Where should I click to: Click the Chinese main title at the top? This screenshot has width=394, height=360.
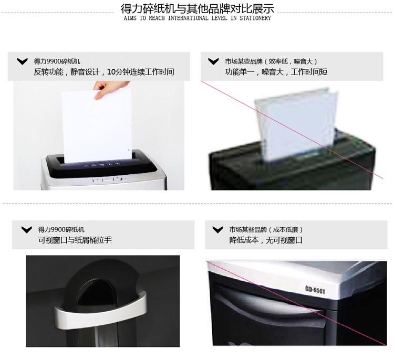pos(197,8)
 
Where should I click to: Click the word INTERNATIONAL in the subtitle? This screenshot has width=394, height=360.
pos(188,18)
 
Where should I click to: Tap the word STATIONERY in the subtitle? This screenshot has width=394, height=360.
pos(255,18)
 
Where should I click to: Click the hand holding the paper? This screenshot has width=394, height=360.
pos(109,90)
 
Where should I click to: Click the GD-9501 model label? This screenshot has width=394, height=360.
pos(315,290)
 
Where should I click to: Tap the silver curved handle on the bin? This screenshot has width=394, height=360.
pos(100,311)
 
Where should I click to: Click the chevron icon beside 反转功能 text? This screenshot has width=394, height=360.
pos(23,61)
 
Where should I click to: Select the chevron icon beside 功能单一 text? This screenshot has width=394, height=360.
pos(213,61)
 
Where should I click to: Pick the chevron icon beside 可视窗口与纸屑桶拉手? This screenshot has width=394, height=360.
pos(27,229)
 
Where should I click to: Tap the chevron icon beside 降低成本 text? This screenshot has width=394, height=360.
pos(217,229)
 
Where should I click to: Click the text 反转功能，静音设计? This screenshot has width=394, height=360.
pos(66,72)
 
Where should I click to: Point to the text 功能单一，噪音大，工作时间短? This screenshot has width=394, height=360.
pos(276,72)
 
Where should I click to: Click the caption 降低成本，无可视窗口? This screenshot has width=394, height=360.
pos(266,240)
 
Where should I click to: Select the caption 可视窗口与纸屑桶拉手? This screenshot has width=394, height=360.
pos(75,240)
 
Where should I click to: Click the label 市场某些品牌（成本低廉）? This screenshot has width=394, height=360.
pos(266,229)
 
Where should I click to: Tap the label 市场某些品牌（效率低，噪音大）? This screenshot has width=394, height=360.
pos(271,61)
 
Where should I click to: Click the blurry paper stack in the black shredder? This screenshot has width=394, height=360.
pos(296,124)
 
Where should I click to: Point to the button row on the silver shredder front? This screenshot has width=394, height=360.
pos(110,179)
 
